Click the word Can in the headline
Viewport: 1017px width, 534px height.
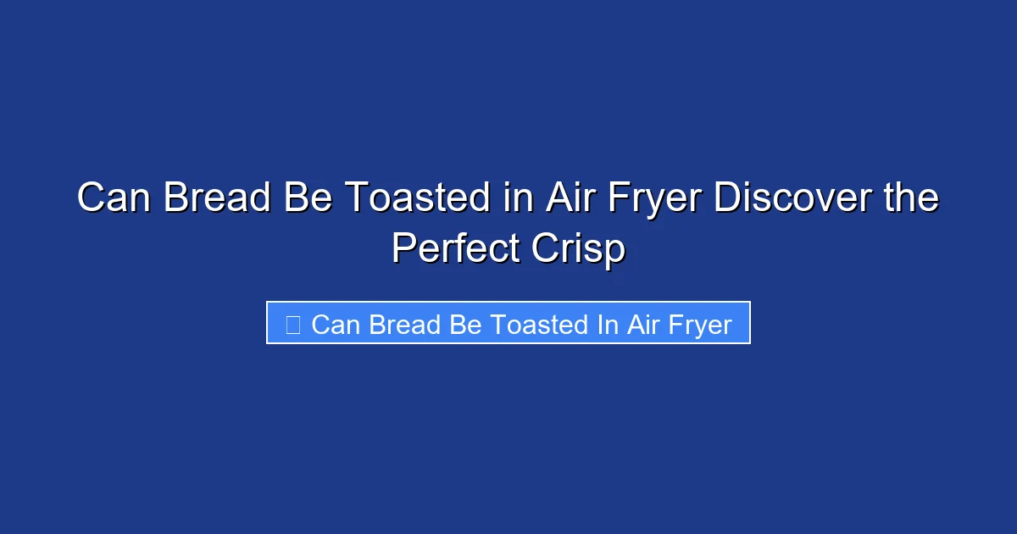114,199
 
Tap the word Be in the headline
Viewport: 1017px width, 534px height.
302,199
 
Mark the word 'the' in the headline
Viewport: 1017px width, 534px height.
910,199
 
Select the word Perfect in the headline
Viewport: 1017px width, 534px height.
460,249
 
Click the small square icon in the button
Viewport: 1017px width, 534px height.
292,325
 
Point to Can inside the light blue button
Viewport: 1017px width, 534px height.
336,325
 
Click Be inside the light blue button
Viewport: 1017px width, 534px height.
466,325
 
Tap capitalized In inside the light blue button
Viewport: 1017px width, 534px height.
608,325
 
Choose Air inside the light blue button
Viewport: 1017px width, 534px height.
644,325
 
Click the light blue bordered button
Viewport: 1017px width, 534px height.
508,323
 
